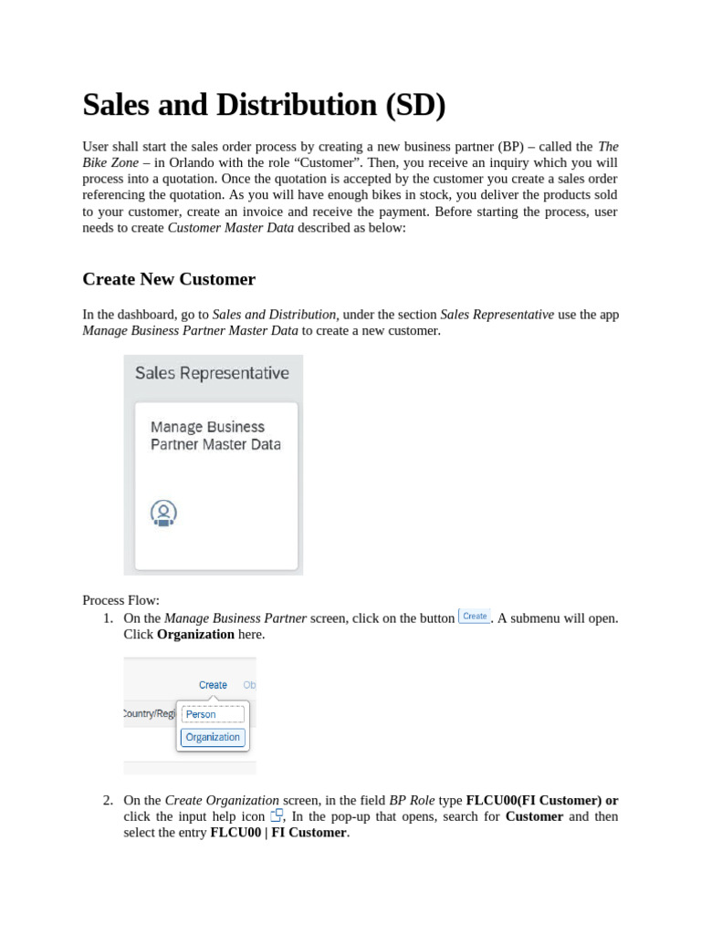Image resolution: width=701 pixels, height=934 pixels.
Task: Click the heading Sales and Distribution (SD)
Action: click(264, 106)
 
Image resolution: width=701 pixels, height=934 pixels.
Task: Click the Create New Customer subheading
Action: click(169, 279)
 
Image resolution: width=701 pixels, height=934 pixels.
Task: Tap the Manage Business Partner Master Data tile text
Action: click(215, 436)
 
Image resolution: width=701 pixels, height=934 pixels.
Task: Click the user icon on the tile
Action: click(163, 514)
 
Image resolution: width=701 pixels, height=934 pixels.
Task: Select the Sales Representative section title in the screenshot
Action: click(212, 373)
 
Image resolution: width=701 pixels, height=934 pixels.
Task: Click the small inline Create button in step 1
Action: click(475, 617)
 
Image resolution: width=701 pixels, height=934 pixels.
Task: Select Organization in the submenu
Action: click(213, 737)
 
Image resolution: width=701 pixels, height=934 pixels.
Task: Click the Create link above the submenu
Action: click(213, 685)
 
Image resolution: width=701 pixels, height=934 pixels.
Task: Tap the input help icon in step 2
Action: click(277, 815)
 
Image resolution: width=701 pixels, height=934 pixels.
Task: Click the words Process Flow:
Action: click(120, 600)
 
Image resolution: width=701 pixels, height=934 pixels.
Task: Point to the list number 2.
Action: click(108, 801)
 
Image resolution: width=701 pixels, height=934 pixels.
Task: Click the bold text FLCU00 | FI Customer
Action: click(278, 833)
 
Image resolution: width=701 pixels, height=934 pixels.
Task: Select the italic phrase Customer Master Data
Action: click(231, 228)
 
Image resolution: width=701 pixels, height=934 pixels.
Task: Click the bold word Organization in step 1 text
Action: click(195, 634)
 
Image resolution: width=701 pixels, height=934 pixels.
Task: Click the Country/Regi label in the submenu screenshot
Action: click(150, 713)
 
